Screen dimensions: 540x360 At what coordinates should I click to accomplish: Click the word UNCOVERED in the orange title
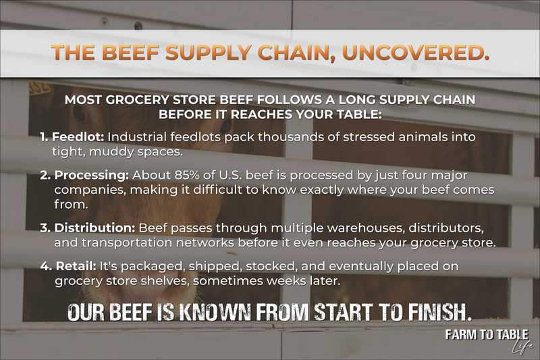[x=416, y=53]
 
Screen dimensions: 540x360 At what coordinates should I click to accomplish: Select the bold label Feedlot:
[x=78, y=137]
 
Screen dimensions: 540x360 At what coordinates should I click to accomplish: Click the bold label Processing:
[x=91, y=176]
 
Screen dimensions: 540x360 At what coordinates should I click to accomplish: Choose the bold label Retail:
[x=76, y=266]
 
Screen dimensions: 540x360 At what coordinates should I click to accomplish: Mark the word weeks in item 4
[x=288, y=281]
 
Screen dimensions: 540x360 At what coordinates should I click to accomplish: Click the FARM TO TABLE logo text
[x=486, y=335]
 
